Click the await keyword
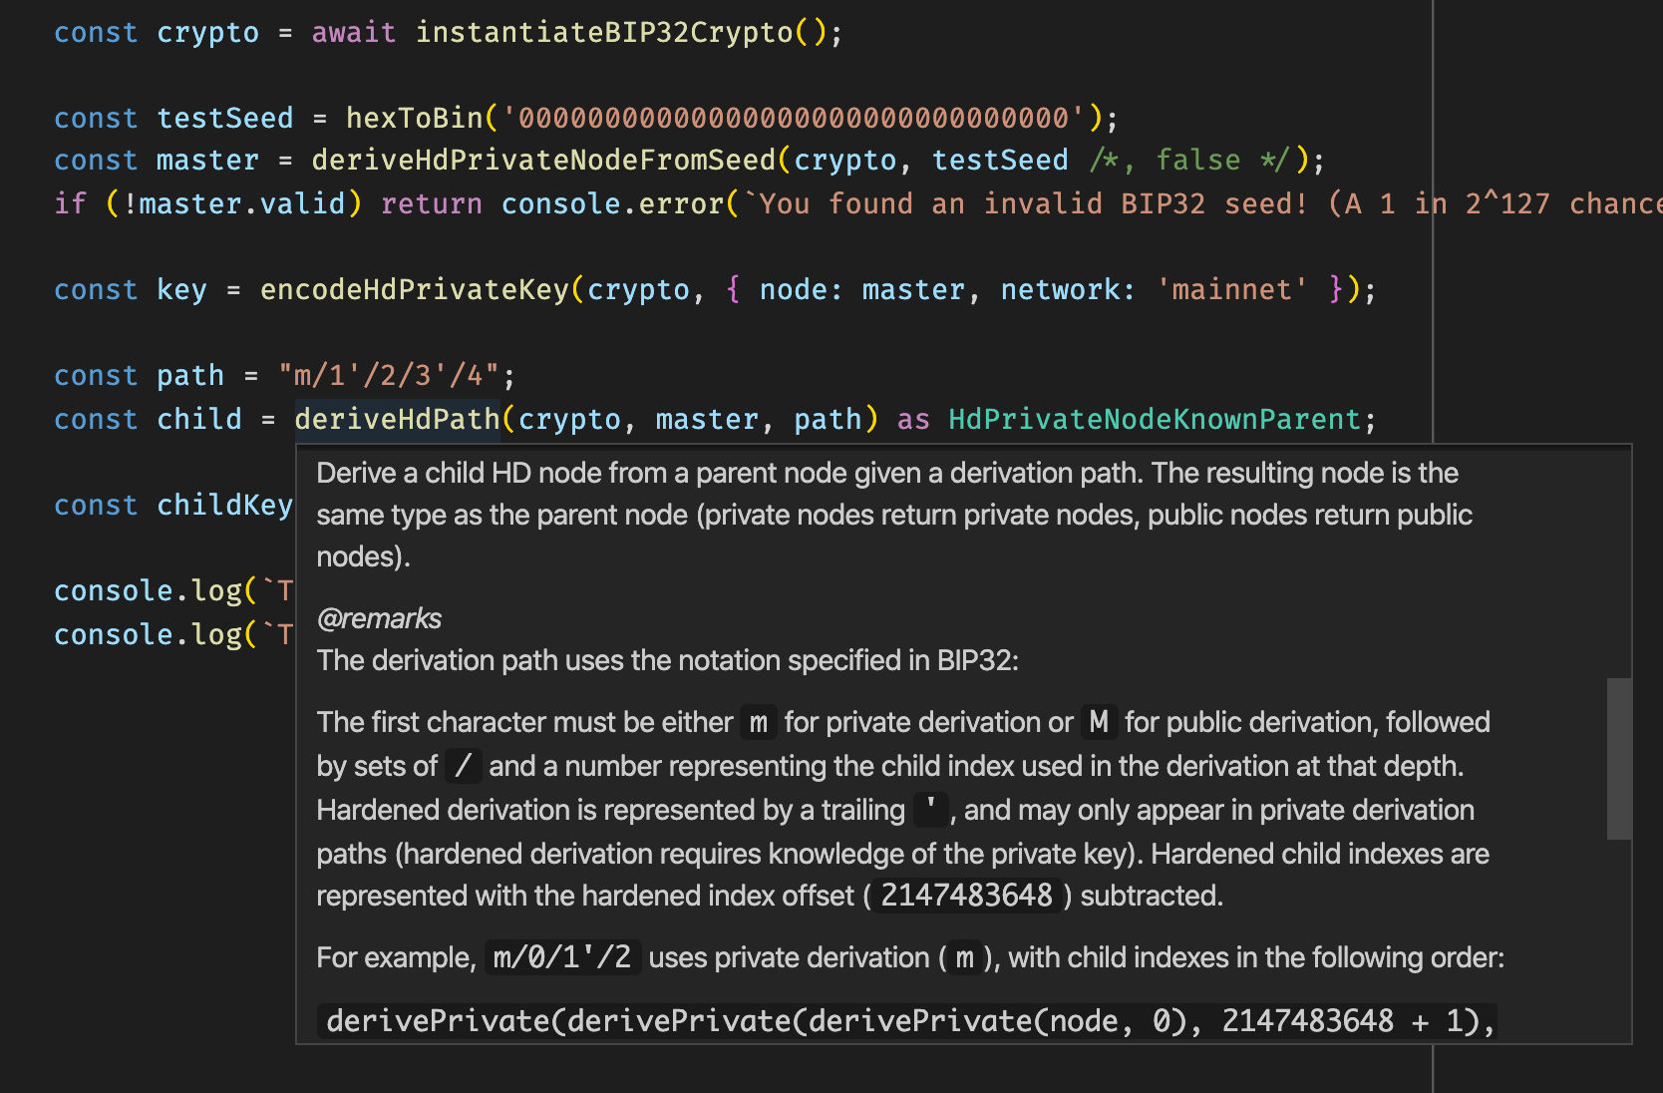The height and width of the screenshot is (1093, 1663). (353, 33)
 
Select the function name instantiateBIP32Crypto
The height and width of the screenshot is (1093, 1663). (603, 33)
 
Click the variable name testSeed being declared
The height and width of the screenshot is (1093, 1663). (225, 119)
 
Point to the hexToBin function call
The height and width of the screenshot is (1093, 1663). (414, 119)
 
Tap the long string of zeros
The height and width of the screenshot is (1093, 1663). (794, 119)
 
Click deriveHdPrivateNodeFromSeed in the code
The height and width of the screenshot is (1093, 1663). (543, 161)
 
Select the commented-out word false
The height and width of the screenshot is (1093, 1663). (1197, 161)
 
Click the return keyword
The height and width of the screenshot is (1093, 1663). (431, 204)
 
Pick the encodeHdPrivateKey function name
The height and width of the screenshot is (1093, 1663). (414, 290)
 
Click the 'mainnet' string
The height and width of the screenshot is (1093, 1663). (1231, 290)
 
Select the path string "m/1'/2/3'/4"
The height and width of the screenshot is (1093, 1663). (388, 376)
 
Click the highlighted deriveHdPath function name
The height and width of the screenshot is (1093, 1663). (397, 420)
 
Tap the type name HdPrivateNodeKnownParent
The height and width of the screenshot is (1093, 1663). (1154, 420)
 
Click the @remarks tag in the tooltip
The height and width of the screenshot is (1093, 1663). (379, 619)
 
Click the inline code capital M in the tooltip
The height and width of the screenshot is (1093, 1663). (1099, 722)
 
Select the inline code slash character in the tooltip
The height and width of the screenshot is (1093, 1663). (463, 766)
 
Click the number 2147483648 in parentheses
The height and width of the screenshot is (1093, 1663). (966, 896)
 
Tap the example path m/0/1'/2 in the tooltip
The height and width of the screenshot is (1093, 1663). (562, 957)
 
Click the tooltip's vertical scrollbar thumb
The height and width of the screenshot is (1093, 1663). (1619, 758)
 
